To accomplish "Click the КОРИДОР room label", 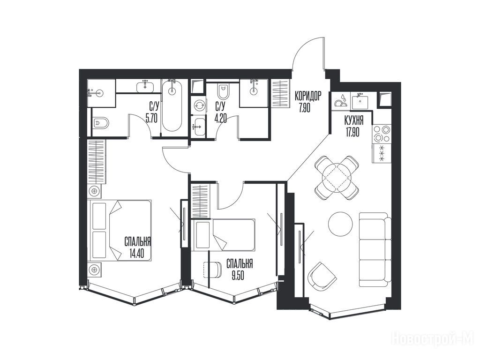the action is [x=308, y=96].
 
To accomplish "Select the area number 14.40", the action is [x=136, y=254].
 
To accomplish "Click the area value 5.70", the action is [x=152, y=118].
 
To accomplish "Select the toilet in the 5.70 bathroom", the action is [x=100, y=123].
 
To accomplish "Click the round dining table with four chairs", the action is [x=337, y=177].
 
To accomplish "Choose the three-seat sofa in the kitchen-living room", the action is [x=375, y=249].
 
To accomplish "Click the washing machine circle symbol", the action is [x=199, y=105].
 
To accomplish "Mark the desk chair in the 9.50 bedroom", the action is [x=212, y=270].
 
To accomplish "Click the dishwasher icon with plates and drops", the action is [x=341, y=100].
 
